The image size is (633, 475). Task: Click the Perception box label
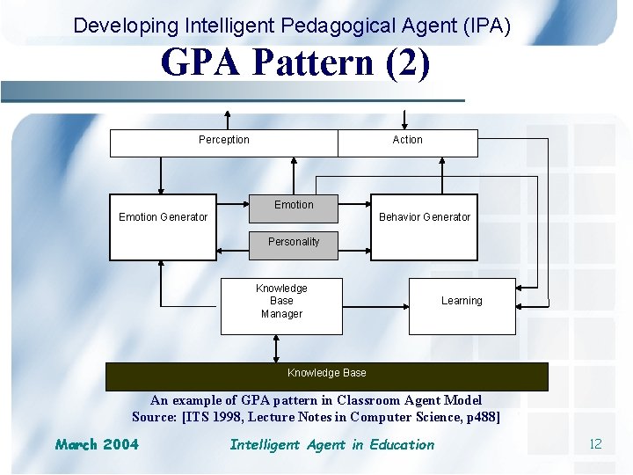[223, 140]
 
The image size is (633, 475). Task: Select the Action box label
[407, 140]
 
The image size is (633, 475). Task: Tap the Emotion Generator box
[163, 226]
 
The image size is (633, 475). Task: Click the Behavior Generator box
[425, 226]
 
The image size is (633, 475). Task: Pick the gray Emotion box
[294, 205]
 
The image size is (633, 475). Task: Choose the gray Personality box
[294, 243]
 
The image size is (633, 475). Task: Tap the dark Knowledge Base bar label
[327, 373]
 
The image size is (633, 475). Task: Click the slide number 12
[595, 444]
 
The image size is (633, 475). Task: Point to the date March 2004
[97, 444]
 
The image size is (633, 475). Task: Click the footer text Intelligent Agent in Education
[331, 444]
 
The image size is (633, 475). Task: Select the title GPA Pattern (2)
[295, 63]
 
